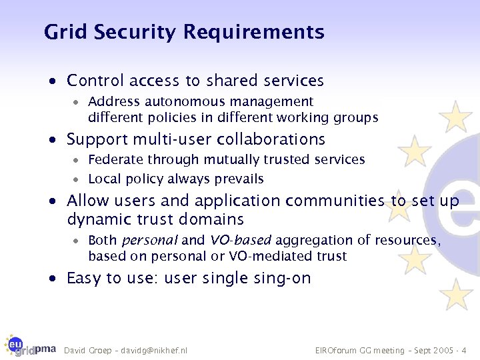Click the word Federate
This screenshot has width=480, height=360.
pos(115,159)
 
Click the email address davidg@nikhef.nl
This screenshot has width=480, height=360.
pos(154,350)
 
